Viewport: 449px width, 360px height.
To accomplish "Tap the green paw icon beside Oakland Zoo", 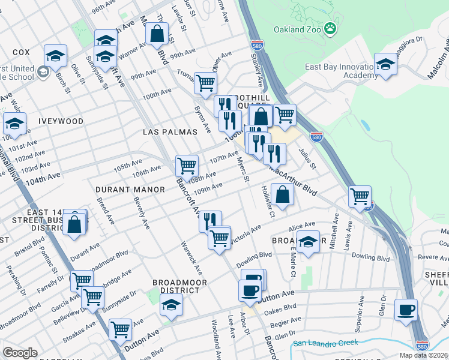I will [330, 28].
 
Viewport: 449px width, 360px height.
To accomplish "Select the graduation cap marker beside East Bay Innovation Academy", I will [385, 64].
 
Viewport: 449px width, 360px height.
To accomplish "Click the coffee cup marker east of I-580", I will [406, 310].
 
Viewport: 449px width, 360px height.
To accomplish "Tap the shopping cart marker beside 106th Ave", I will [187, 165].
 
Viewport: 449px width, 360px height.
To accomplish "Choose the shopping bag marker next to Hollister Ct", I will [282, 194].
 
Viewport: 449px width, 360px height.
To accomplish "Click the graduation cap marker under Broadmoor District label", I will [171, 305].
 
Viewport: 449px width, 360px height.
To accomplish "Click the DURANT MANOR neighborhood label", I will [130, 190].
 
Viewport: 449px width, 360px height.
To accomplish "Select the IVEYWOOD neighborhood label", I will [61, 121].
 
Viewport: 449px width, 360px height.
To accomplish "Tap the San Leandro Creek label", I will [324, 343].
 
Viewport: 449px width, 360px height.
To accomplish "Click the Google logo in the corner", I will [20, 353].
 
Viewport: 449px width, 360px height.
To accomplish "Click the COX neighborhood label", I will [21, 52].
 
